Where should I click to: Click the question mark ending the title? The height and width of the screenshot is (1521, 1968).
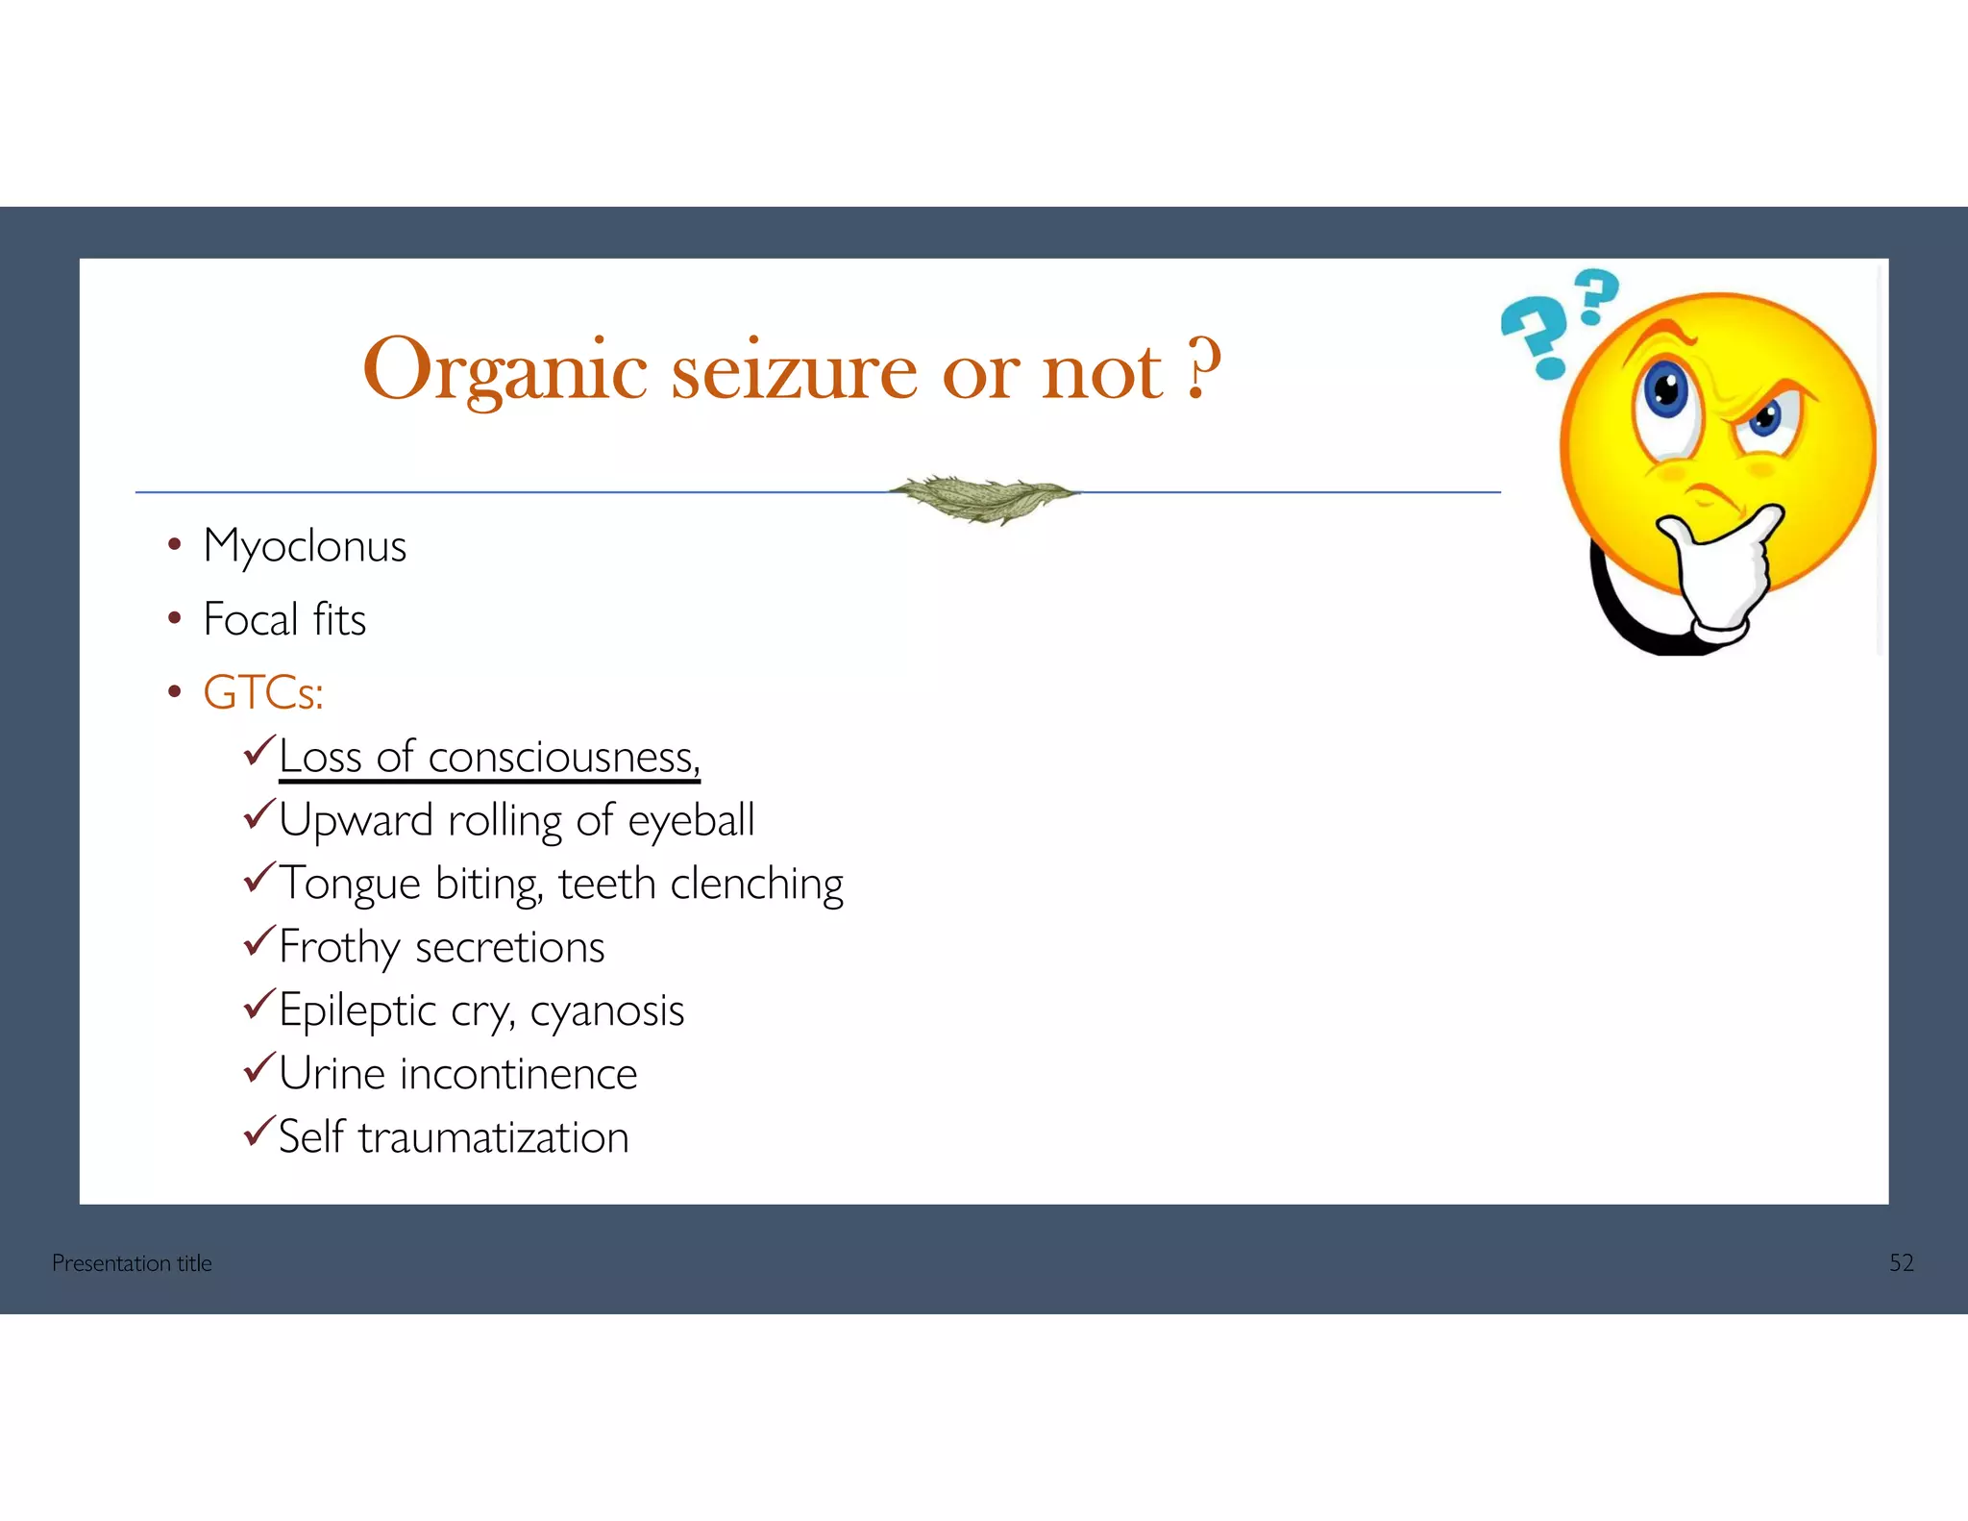pos(1204,368)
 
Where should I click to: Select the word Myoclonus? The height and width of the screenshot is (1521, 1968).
pos(305,547)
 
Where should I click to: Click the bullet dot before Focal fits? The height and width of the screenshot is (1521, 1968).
pos(174,618)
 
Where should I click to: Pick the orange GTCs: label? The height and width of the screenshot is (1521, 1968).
pos(263,692)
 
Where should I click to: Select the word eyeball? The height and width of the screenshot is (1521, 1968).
pos(691,821)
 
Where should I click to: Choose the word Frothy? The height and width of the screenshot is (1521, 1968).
pos(339,948)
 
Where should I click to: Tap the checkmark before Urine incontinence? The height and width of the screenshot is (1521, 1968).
pos(259,1068)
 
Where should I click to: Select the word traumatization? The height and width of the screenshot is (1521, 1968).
pos(493,1138)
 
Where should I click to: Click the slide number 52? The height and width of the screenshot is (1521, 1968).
pos(1901,1263)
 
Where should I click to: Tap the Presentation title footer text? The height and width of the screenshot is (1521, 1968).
pos(132,1263)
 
